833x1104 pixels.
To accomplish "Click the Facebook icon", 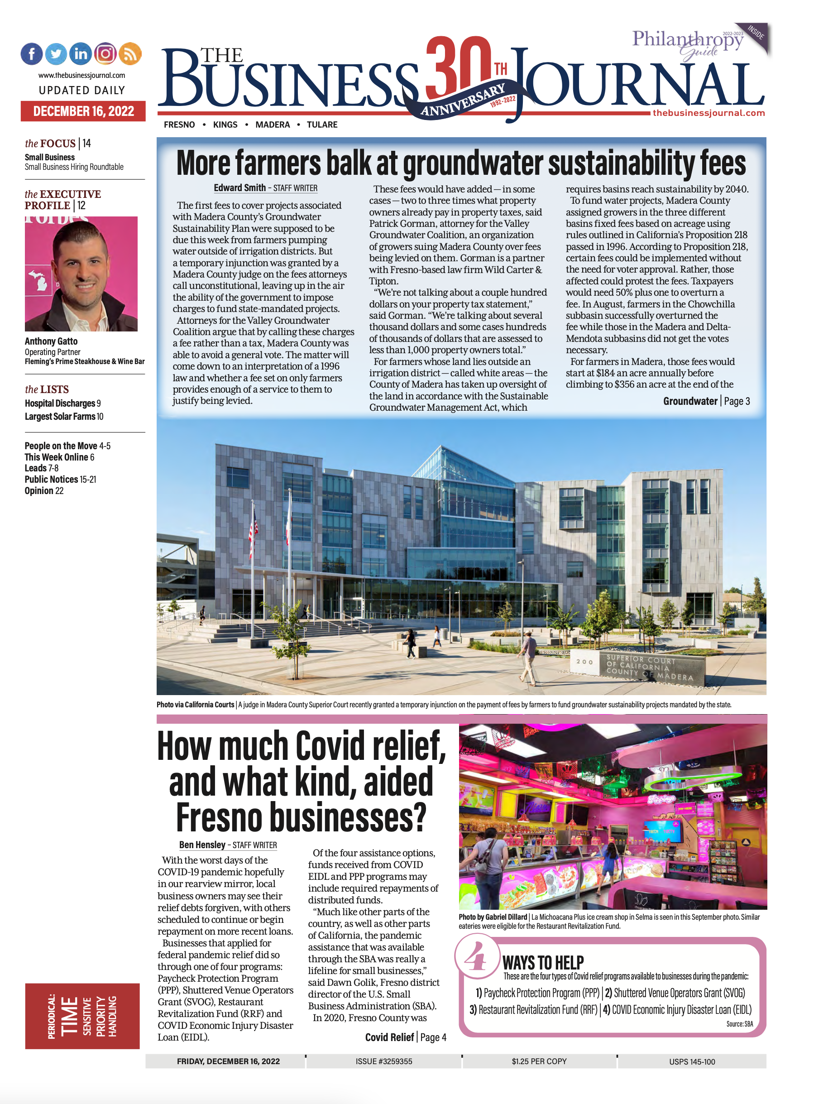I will [x=31, y=54].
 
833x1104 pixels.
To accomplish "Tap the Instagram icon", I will [x=105, y=53].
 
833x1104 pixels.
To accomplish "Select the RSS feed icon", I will [x=130, y=53].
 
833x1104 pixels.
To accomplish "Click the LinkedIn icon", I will [x=80, y=53].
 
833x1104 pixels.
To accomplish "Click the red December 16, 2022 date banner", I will [x=83, y=111].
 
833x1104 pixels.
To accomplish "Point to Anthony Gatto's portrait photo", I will [x=81, y=274].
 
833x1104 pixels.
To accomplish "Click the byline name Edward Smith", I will [x=239, y=187].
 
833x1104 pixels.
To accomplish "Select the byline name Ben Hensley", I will [x=202, y=845].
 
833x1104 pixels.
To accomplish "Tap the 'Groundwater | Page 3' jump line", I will [x=706, y=401].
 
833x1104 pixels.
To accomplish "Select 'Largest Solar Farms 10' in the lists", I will [x=64, y=416].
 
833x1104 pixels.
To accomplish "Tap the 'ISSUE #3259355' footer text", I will [x=383, y=1061].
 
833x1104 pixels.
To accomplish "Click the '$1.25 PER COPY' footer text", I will [x=539, y=1061].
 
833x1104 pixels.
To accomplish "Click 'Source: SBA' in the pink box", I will [x=739, y=1024].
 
